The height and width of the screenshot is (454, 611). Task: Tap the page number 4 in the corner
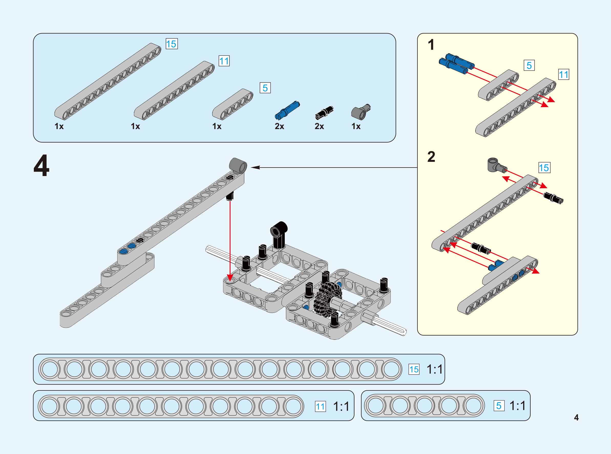click(x=576, y=417)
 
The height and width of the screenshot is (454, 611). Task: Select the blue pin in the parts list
click(x=287, y=110)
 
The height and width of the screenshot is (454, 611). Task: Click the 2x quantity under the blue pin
click(x=279, y=126)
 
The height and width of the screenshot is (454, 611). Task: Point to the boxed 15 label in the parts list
click(x=172, y=44)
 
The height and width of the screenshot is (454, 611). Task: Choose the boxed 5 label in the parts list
click(x=265, y=88)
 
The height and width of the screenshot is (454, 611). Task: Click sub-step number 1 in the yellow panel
click(x=431, y=45)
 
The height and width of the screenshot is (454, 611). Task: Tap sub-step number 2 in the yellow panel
click(x=431, y=157)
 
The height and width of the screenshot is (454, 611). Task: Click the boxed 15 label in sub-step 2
click(x=544, y=168)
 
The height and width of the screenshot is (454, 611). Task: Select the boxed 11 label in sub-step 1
click(x=563, y=75)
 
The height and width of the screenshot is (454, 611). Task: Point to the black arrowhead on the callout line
click(x=255, y=167)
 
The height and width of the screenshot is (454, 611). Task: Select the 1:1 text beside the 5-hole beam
click(x=517, y=406)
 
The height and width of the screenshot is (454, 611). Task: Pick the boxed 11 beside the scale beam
click(x=320, y=406)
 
